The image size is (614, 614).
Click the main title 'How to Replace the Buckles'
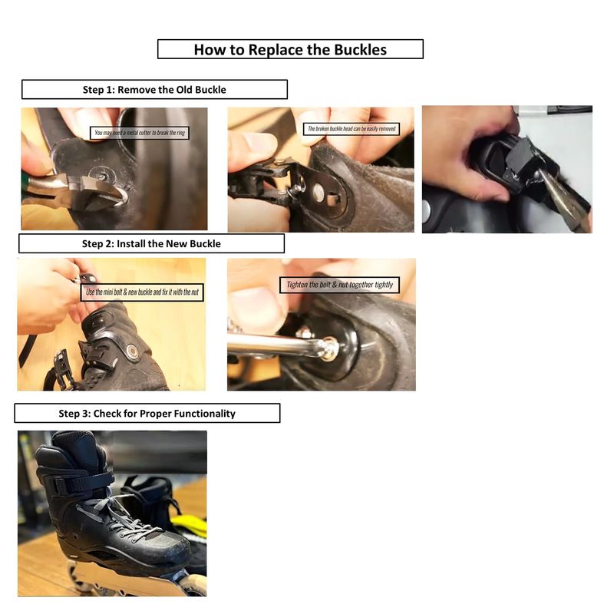290,50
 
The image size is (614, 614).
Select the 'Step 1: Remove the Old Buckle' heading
154,90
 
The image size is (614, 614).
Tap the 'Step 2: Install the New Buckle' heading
151,243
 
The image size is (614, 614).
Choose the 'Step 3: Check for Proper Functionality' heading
147,414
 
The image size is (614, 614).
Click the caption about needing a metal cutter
140,133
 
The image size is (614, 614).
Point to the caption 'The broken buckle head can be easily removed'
352,129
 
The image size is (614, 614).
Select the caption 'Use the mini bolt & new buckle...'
142,292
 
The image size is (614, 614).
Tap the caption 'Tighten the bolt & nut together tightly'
339,285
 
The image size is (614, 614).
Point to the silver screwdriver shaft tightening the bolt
274,345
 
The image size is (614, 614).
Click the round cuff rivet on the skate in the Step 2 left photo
132,351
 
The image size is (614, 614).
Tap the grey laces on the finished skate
117,517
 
